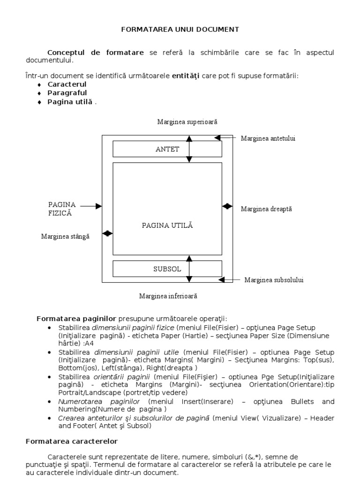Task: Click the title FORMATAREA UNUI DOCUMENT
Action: tap(180, 29)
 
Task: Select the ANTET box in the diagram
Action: tap(167, 150)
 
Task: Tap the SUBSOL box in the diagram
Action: tap(167, 269)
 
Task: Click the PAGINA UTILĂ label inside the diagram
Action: tap(167, 225)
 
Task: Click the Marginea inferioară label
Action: tap(168, 296)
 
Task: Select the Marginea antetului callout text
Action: tap(268, 138)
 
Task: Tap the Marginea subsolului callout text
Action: tap(274, 280)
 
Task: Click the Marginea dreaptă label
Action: tap(266, 209)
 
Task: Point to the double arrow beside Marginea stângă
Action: tap(107, 233)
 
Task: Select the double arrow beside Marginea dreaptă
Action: tap(227, 206)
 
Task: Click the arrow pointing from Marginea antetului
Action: tap(225, 138)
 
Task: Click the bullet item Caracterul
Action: tap(67, 84)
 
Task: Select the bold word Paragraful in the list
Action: tap(67, 93)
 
